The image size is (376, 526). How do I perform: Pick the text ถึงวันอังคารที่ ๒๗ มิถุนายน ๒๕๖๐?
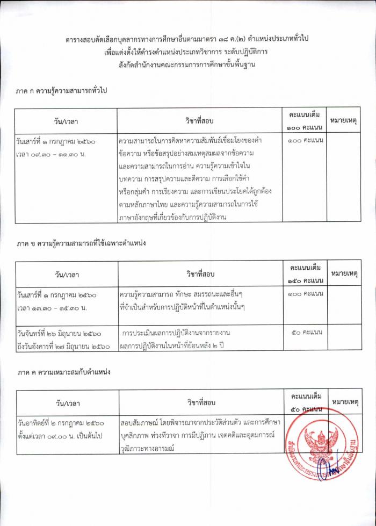(x=63, y=347)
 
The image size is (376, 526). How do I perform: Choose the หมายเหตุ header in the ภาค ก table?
(x=344, y=121)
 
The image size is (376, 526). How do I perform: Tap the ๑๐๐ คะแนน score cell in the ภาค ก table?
(x=305, y=140)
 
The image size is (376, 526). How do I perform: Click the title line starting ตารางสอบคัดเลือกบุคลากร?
(x=188, y=39)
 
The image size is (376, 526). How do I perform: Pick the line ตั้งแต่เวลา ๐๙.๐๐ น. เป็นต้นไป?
(x=60, y=436)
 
